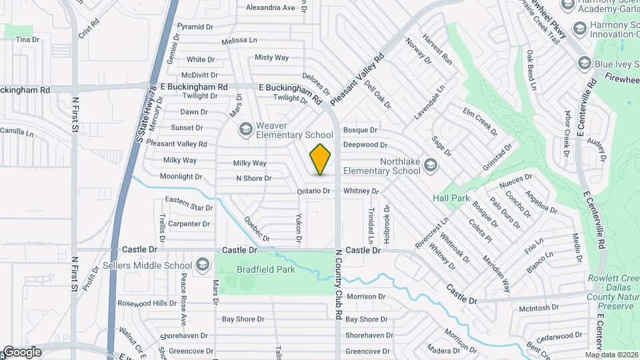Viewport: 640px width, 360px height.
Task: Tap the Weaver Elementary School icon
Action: click(245, 127)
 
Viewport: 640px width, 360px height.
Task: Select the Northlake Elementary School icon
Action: click(431, 164)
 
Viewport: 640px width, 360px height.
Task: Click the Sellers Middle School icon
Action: click(201, 265)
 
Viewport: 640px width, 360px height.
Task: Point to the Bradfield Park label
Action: click(266, 270)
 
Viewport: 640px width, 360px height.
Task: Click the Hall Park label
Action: click(451, 199)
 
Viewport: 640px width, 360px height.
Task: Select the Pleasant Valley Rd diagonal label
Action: click(357, 78)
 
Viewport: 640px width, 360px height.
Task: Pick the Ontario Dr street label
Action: click(313, 191)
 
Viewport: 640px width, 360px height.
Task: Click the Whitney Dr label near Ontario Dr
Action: click(361, 191)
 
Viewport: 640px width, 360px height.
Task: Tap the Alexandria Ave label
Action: click(270, 8)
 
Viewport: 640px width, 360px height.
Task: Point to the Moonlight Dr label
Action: click(181, 177)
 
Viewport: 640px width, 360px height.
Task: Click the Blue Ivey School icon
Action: click(585, 63)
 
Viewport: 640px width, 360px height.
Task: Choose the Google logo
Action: click(22, 351)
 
